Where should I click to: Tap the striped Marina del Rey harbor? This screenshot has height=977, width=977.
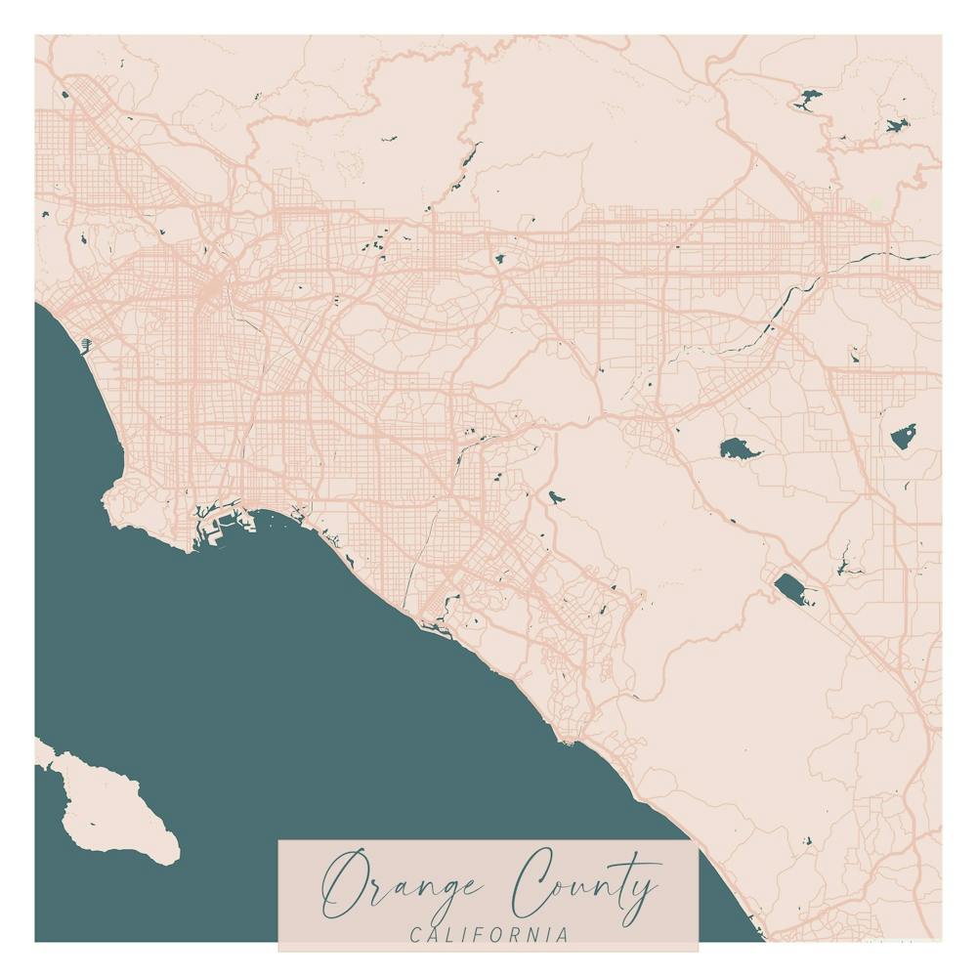tap(86, 344)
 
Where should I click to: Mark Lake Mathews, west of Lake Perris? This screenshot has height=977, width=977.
tap(740, 449)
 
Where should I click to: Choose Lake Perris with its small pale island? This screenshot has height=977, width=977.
tap(904, 436)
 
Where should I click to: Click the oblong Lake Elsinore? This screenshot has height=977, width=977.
tap(793, 589)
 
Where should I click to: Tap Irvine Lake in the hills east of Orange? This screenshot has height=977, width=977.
tap(555, 496)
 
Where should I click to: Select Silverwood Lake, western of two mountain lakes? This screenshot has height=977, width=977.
tap(808, 99)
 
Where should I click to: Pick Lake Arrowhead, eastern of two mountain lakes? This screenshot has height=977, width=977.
tap(896, 125)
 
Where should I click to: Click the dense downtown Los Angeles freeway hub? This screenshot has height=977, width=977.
tap(213, 287)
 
